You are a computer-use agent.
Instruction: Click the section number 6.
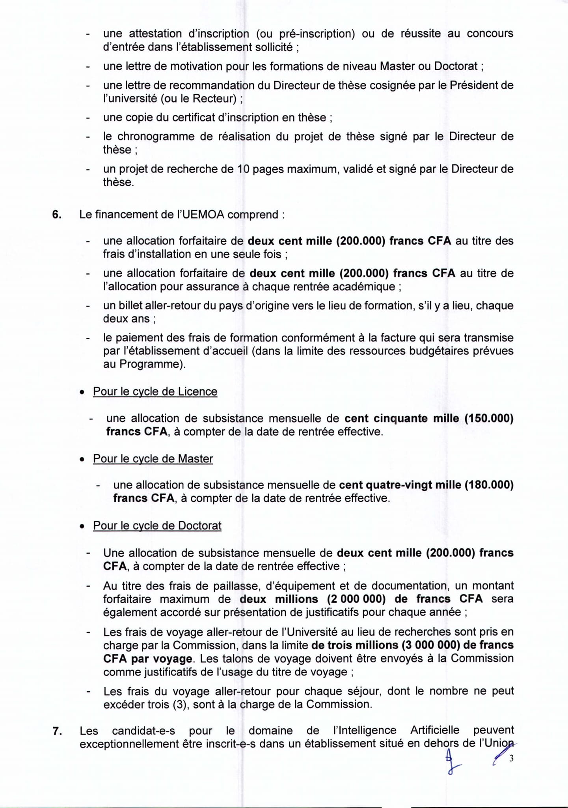coord(56,215)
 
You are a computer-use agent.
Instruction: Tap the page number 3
coord(511,758)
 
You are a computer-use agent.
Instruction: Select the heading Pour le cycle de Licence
coord(155,391)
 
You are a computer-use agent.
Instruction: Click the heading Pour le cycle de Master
coord(153,458)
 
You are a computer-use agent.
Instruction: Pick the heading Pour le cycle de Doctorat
coord(157,526)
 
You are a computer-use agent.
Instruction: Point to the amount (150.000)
coord(489,418)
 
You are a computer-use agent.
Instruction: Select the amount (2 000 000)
coord(356,599)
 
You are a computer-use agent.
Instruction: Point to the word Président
coord(475,85)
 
